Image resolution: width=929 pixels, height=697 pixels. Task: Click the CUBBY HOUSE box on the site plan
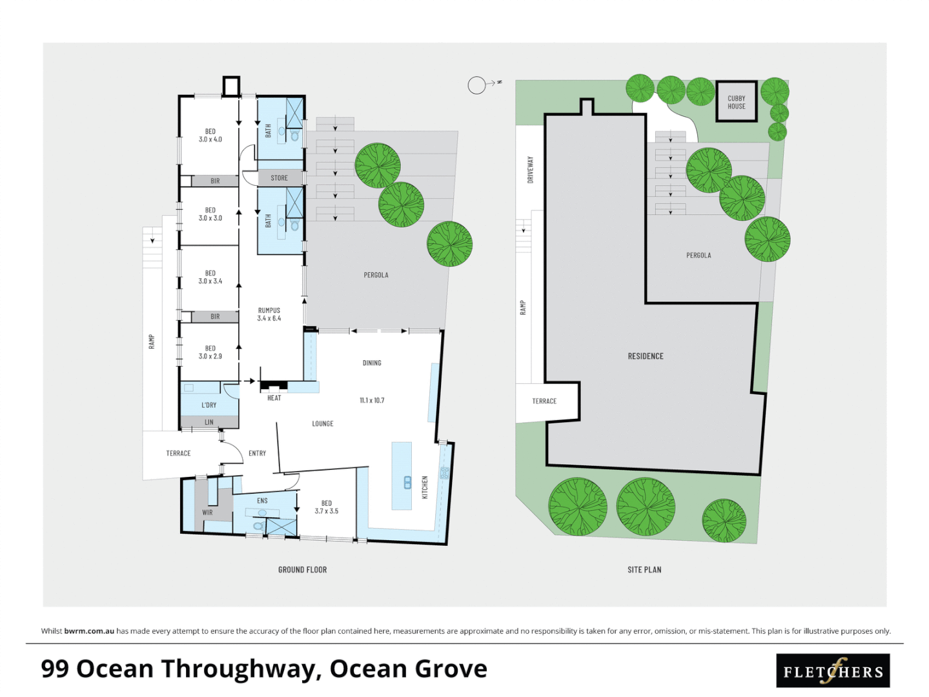coord(736,102)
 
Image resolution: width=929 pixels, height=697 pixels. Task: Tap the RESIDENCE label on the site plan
coord(645,356)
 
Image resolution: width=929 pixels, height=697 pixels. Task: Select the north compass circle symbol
coord(476,85)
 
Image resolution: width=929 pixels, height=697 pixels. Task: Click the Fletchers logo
coord(833,671)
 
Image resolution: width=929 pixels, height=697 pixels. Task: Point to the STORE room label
coord(279,178)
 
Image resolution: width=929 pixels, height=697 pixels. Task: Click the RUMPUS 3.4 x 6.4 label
coord(269,314)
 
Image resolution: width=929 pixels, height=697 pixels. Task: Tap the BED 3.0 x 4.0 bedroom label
coord(210,136)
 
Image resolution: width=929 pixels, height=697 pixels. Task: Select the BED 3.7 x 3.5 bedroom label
coord(326,507)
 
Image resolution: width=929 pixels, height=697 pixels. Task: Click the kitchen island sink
coord(407,482)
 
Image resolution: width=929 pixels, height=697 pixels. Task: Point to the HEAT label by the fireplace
coord(274,398)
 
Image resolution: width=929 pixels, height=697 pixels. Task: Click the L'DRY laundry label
coord(209,405)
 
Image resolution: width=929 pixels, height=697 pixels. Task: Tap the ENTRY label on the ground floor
coord(257,454)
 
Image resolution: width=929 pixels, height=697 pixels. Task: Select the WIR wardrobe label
coord(207,513)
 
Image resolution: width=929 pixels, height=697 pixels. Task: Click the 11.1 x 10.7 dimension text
coord(372,401)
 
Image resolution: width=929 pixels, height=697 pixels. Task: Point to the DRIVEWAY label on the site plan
coord(531,170)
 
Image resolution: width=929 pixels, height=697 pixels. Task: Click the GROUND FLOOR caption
coord(302,570)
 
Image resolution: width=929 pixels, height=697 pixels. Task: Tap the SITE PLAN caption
coord(644,570)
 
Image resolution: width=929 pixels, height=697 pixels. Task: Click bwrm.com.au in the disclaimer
coord(89,631)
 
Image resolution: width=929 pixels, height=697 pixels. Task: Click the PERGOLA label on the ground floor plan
coord(376,276)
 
